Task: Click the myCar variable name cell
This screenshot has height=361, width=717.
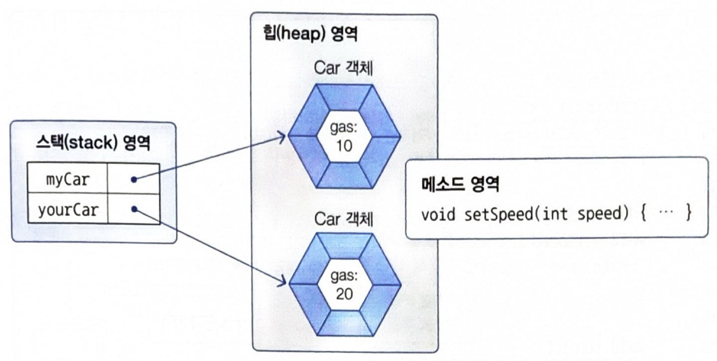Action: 68,179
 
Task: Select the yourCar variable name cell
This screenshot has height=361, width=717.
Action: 68,209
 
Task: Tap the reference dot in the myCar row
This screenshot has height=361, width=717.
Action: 134,180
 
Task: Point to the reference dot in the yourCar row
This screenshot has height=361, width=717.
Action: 134,209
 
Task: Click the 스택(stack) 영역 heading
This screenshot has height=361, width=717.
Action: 93,143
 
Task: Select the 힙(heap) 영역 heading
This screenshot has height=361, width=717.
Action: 310,34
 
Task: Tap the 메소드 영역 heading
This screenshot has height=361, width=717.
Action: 460,184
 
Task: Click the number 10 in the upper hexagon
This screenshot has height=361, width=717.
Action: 344,146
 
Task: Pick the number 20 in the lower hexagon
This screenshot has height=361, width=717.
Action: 345,294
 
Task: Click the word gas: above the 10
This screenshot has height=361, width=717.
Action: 344,128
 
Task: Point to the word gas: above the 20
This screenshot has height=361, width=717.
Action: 344,275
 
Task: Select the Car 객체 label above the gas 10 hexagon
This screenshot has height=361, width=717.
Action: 343,68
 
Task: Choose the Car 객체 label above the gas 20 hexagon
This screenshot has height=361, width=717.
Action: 344,219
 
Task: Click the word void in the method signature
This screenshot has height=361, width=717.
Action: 438,214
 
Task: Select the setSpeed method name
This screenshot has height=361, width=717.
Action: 498,214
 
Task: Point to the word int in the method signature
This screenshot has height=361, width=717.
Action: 555,214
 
